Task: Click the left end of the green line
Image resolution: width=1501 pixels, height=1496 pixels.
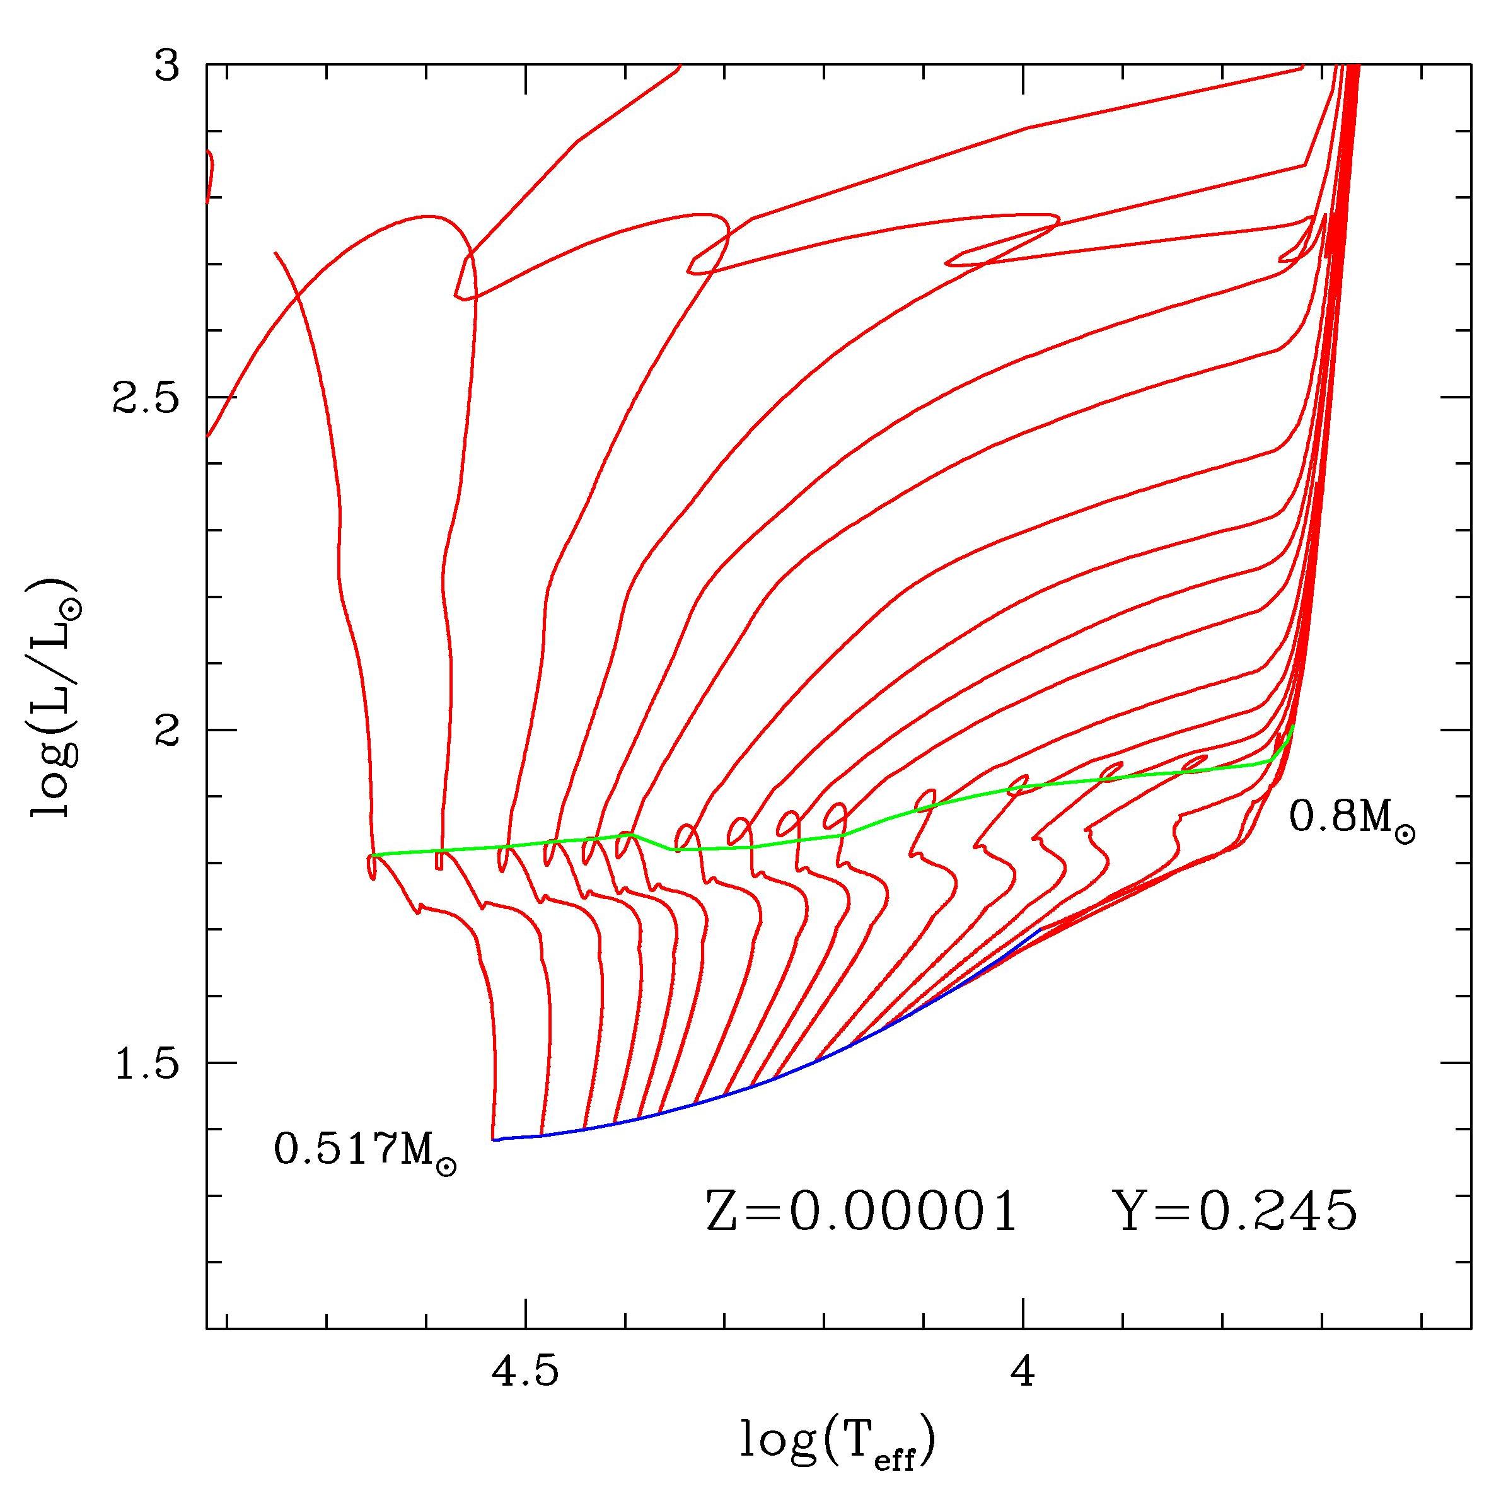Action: [373, 854]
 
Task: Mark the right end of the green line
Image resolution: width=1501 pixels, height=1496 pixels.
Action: [1293, 726]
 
